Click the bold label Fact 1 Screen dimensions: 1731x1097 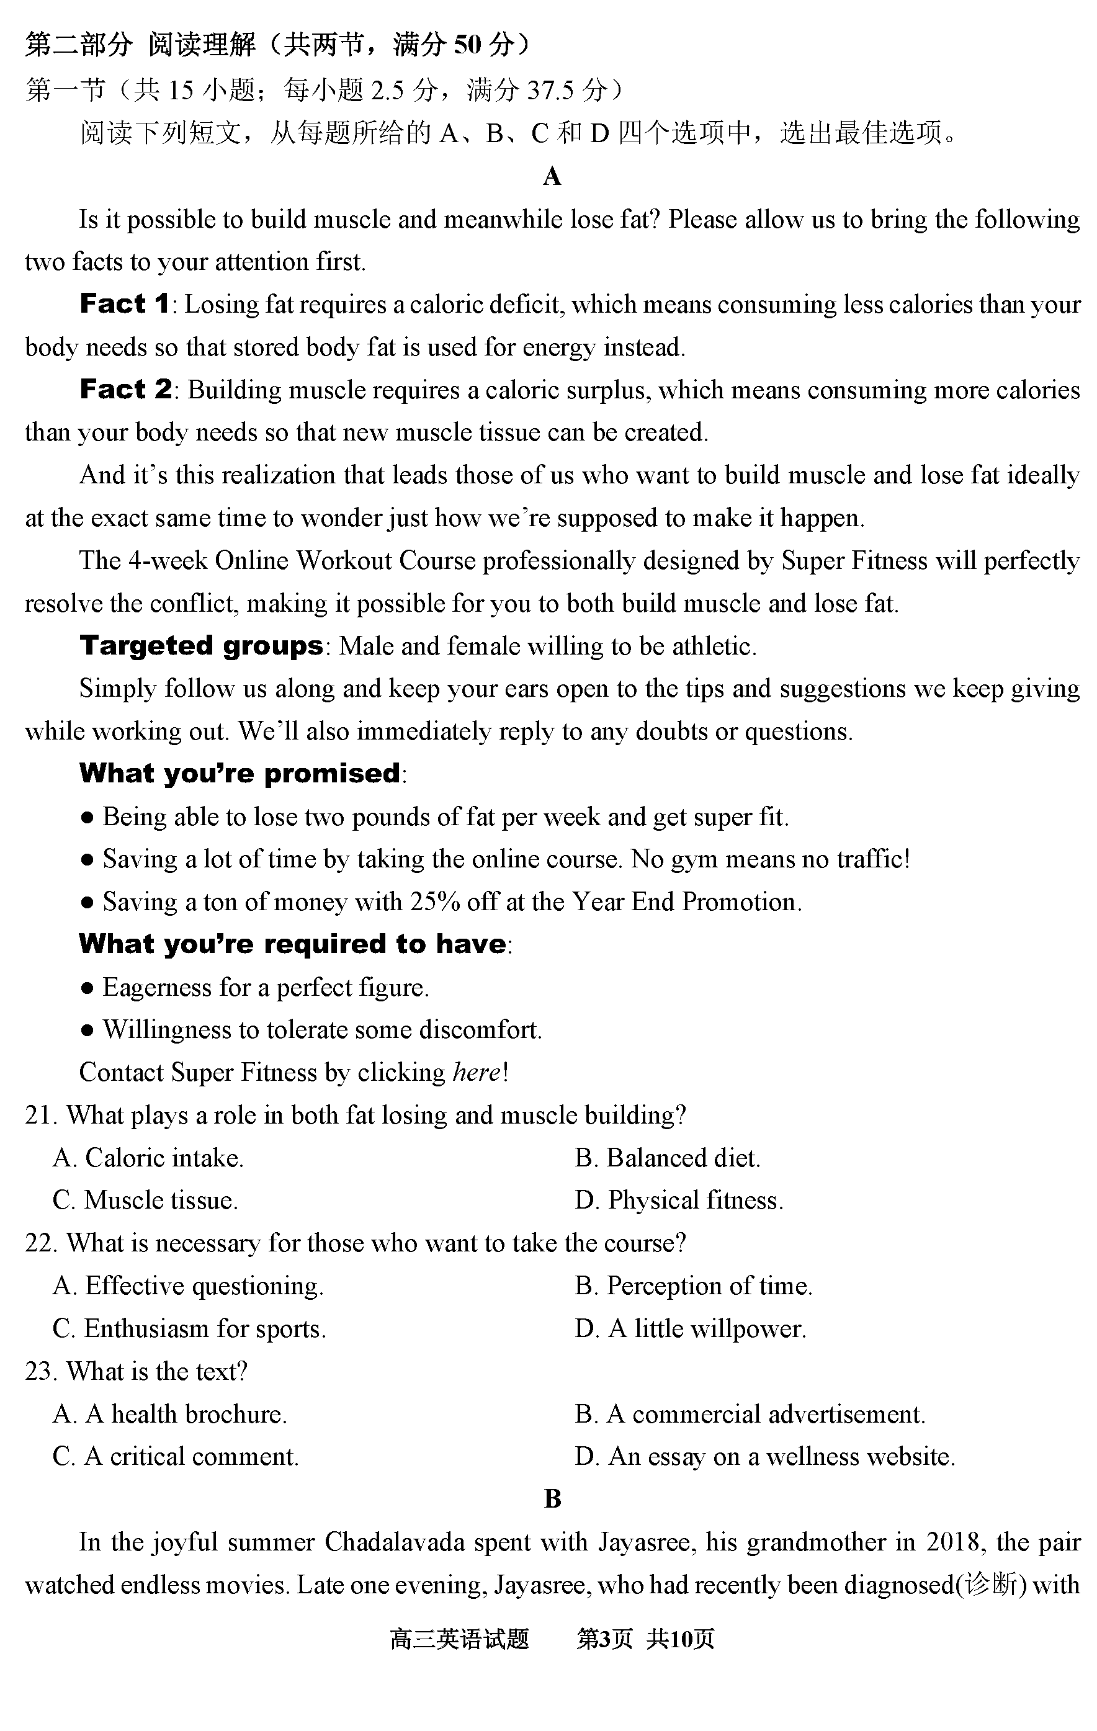tap(124, 304)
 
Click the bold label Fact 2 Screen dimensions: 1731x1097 tap(125, 390)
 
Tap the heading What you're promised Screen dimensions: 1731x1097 tap(240, 774)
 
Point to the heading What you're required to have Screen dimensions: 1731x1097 tap(293, 944)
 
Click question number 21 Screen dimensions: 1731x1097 tap(40, 1116)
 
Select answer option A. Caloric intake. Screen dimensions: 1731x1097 tap(148, 1158)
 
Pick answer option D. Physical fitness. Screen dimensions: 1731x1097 tap(679, 1201)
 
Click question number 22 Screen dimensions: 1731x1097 tap(40, 1243)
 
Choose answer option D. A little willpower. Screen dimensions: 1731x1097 tap(690, 1328)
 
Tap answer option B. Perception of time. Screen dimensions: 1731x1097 tap(693, 1286)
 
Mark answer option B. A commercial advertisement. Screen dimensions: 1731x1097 tap(750, 1414)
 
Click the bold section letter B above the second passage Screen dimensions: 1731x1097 tap(552, 1499)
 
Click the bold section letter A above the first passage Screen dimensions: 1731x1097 tap(552, 176)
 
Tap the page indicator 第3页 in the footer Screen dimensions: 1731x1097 tap(604, 1639)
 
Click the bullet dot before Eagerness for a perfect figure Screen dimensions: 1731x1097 tap(87, 988)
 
